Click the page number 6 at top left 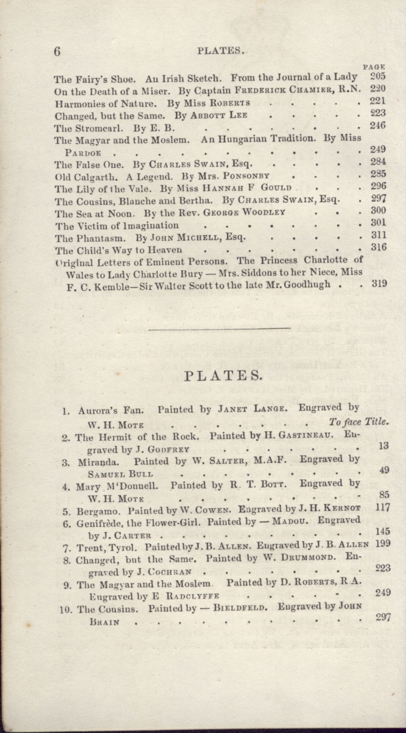pos(57,52)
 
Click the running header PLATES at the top pos(221,50)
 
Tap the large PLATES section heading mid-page pos(222,375)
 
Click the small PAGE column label pos(374,67)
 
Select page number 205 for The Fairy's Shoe pos(378,76)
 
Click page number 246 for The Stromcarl pos(378,125)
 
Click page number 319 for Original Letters pos(379,284)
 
